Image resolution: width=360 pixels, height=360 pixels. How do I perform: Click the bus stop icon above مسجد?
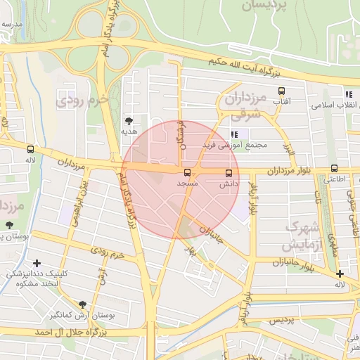click(x=187, y=172)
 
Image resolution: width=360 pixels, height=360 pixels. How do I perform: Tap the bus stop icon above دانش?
click(x=229, y=173)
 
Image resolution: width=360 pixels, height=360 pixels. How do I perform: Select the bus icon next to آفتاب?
click(x=282, y=91)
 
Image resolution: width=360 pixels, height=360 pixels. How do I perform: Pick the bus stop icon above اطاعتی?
click(x=334, y=169)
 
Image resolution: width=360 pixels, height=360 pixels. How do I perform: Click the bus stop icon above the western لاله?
click(x=30, y=149)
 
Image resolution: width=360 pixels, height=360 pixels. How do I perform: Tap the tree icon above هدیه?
click(x=128, y=121)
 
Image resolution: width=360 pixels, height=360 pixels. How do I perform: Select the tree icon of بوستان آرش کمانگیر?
click(x=83, y=304)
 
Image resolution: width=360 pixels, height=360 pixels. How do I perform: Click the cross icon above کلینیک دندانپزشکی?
click(x=37, y=263)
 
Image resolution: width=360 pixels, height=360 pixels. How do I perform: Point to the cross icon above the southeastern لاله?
click(x=340, y=274)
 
